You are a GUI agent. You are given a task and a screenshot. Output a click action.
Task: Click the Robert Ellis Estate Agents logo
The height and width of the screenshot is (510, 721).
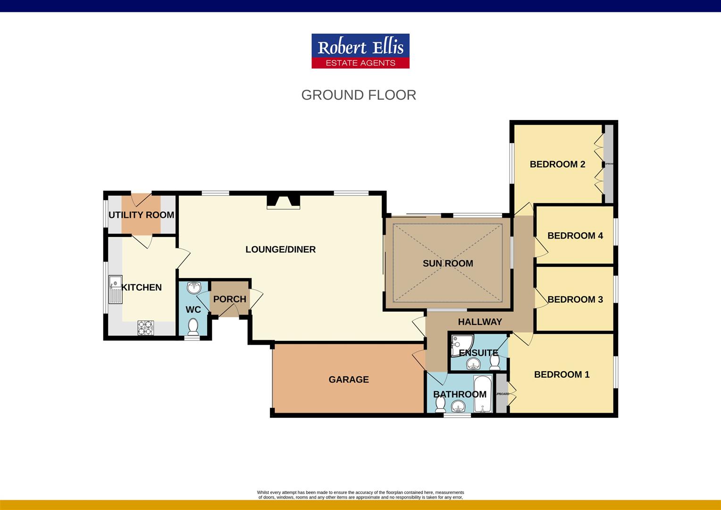(360, 51)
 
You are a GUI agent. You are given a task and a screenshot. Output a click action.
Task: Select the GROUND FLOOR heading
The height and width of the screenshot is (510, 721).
(359, 95)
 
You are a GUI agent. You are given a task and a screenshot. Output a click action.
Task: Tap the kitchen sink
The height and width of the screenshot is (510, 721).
(115, 289)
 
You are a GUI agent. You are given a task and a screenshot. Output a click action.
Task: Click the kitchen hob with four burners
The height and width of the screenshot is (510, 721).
(146, 328)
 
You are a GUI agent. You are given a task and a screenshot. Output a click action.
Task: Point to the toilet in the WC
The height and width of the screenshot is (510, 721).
(193, 326)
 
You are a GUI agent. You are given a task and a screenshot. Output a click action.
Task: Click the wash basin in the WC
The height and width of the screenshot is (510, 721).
(194, 288)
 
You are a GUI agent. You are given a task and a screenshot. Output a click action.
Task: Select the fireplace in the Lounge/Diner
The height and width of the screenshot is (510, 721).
(283, 202)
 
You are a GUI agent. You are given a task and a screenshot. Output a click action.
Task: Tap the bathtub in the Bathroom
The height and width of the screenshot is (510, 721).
(483, 394)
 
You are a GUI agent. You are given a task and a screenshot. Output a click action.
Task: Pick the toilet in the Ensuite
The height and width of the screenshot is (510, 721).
(495, 362)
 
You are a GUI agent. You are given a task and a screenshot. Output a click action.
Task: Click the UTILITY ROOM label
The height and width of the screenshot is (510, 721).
(141, 215)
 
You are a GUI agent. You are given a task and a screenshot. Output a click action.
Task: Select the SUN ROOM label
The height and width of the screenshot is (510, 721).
(448, 263)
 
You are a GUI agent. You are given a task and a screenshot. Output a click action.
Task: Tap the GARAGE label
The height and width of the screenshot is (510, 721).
(349, 379)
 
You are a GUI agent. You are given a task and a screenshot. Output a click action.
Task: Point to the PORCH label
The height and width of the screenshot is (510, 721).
(229, 299)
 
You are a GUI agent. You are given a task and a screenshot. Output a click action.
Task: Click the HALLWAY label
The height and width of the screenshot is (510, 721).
(480, 322)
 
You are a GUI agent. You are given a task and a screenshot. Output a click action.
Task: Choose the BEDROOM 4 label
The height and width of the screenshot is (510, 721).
(575, 236)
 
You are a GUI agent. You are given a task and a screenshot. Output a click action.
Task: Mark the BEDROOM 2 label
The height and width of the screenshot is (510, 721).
(557, 164)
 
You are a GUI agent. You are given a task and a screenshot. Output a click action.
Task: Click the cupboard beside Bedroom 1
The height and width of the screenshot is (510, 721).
(502, 393)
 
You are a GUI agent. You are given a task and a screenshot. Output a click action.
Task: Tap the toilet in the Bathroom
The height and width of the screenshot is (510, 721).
(440, 404)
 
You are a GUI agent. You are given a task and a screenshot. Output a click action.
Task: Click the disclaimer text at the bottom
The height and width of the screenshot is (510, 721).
(360, 494)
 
